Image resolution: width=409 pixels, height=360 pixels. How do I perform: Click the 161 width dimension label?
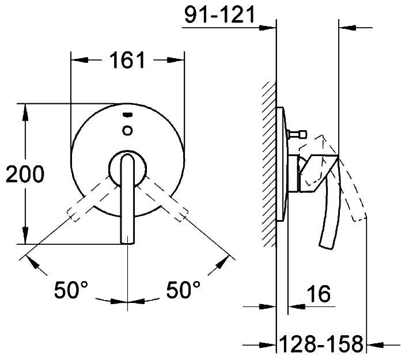coord(127,60)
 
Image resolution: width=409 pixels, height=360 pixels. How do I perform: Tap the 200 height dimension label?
coord(25,174)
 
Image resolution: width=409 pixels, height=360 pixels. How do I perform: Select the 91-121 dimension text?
coord(219,14)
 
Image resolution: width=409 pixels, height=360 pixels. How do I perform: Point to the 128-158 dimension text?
coord(321,343)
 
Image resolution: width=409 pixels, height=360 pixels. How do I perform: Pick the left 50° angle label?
coord(71,290)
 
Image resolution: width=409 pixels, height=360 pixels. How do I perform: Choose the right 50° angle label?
coord(183,290)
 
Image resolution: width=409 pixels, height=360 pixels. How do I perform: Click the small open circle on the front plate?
coord(127,130)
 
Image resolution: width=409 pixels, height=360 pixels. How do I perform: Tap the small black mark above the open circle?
coord(127,115)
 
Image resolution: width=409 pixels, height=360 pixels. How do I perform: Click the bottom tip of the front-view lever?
coord(127,243)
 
